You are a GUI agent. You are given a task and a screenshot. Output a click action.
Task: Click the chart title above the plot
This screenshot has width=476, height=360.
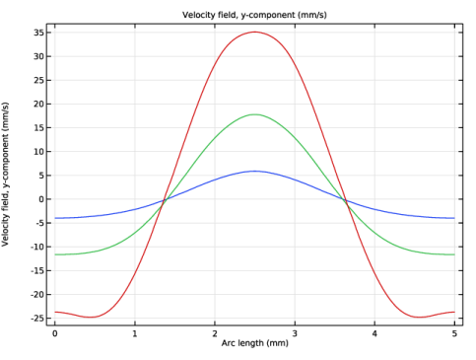[254, 15]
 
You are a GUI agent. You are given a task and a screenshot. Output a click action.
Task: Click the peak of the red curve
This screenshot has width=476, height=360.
[255, 32]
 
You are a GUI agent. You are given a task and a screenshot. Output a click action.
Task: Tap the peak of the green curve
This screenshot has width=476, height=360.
[255, 114]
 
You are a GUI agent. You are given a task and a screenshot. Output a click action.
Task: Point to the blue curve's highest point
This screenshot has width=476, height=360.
[255, 171]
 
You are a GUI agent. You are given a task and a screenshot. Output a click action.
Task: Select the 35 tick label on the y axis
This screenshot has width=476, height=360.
[38, 33]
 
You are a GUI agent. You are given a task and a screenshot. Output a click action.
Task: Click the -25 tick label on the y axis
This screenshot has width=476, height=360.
[36, 319]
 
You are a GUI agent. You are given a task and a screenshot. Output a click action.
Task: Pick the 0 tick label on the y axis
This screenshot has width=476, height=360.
[41, 199]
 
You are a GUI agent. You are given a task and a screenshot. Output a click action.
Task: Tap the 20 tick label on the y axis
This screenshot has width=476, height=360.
[38, 104]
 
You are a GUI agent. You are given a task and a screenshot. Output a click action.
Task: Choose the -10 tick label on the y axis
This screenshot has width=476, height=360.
[36, 247]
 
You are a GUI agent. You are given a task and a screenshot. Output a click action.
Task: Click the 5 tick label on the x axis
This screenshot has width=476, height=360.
[454, 333]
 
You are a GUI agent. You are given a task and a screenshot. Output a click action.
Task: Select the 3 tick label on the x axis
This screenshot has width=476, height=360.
[295, 333]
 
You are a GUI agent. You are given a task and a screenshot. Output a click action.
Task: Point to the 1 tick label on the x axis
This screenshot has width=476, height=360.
[135, 333]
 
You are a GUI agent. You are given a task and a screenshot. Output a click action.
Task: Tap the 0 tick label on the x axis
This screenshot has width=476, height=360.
[55, 333]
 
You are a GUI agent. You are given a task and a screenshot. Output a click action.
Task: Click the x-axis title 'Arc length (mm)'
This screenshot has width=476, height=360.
[255, 343]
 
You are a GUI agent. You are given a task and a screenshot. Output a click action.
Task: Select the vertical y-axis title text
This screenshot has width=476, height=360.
[5, 175]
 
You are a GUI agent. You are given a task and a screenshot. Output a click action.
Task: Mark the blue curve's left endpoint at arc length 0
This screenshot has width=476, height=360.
[55, 218]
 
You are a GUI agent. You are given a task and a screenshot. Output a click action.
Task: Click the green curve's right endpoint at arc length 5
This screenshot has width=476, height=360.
[454, 254]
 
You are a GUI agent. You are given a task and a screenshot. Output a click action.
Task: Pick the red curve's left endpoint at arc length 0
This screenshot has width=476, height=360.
[55, 312]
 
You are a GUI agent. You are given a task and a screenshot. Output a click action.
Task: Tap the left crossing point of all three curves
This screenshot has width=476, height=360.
[165, 199]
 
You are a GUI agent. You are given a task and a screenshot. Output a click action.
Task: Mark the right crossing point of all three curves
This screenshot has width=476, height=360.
[346, 200]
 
